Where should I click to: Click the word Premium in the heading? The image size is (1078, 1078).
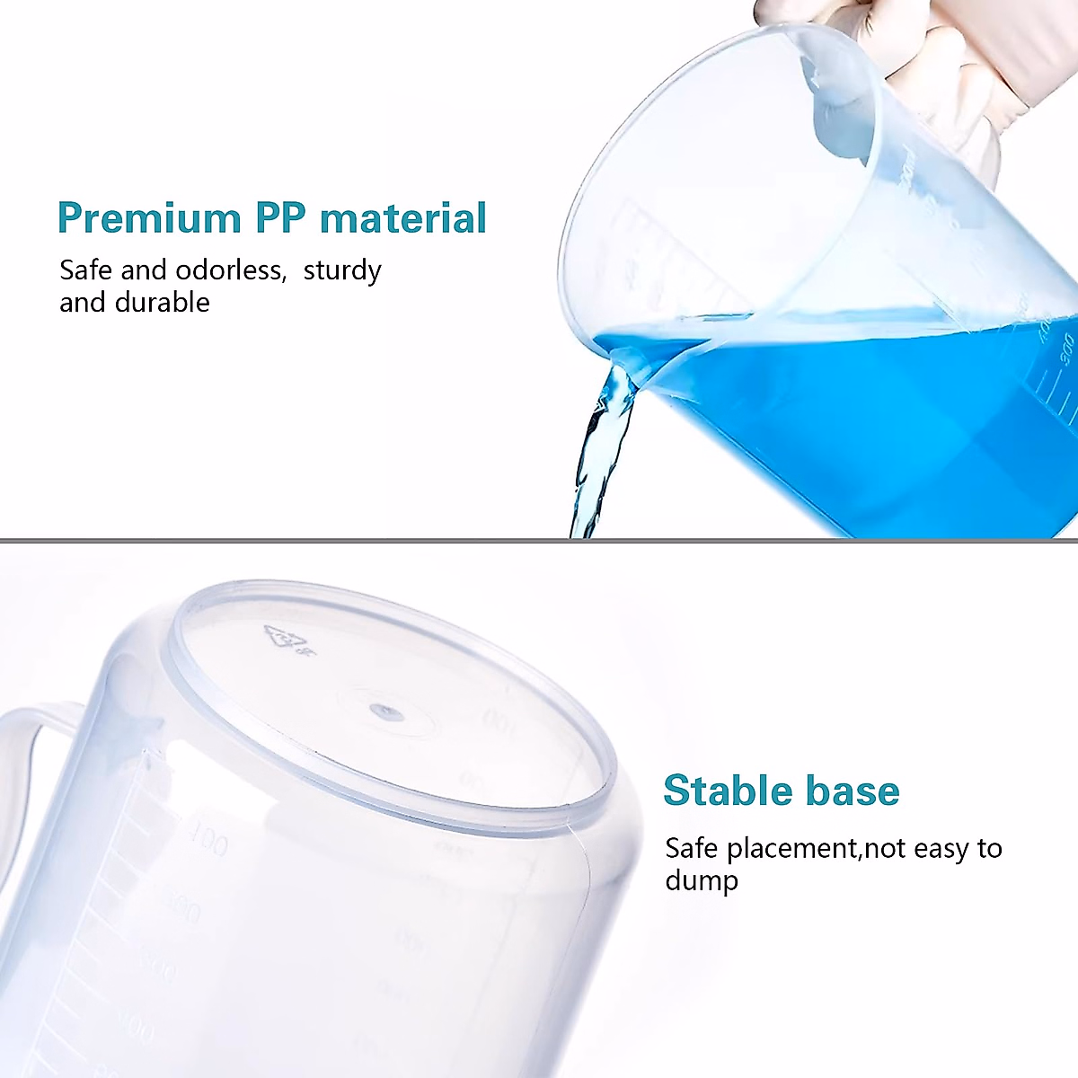tap(149, 218)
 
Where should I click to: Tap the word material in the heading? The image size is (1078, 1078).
tap(403, 218)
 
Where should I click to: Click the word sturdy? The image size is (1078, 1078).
tap(342, 271)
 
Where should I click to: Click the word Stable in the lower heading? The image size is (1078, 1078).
tap(727, 791)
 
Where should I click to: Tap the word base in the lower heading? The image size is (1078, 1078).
tap(853, 791)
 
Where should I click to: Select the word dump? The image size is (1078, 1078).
tap(702, 881)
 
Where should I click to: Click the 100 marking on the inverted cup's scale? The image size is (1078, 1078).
tap(209, 843)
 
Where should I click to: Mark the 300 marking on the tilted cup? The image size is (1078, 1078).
tap(1065, 345)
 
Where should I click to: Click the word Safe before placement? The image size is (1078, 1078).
tap(691, 849)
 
